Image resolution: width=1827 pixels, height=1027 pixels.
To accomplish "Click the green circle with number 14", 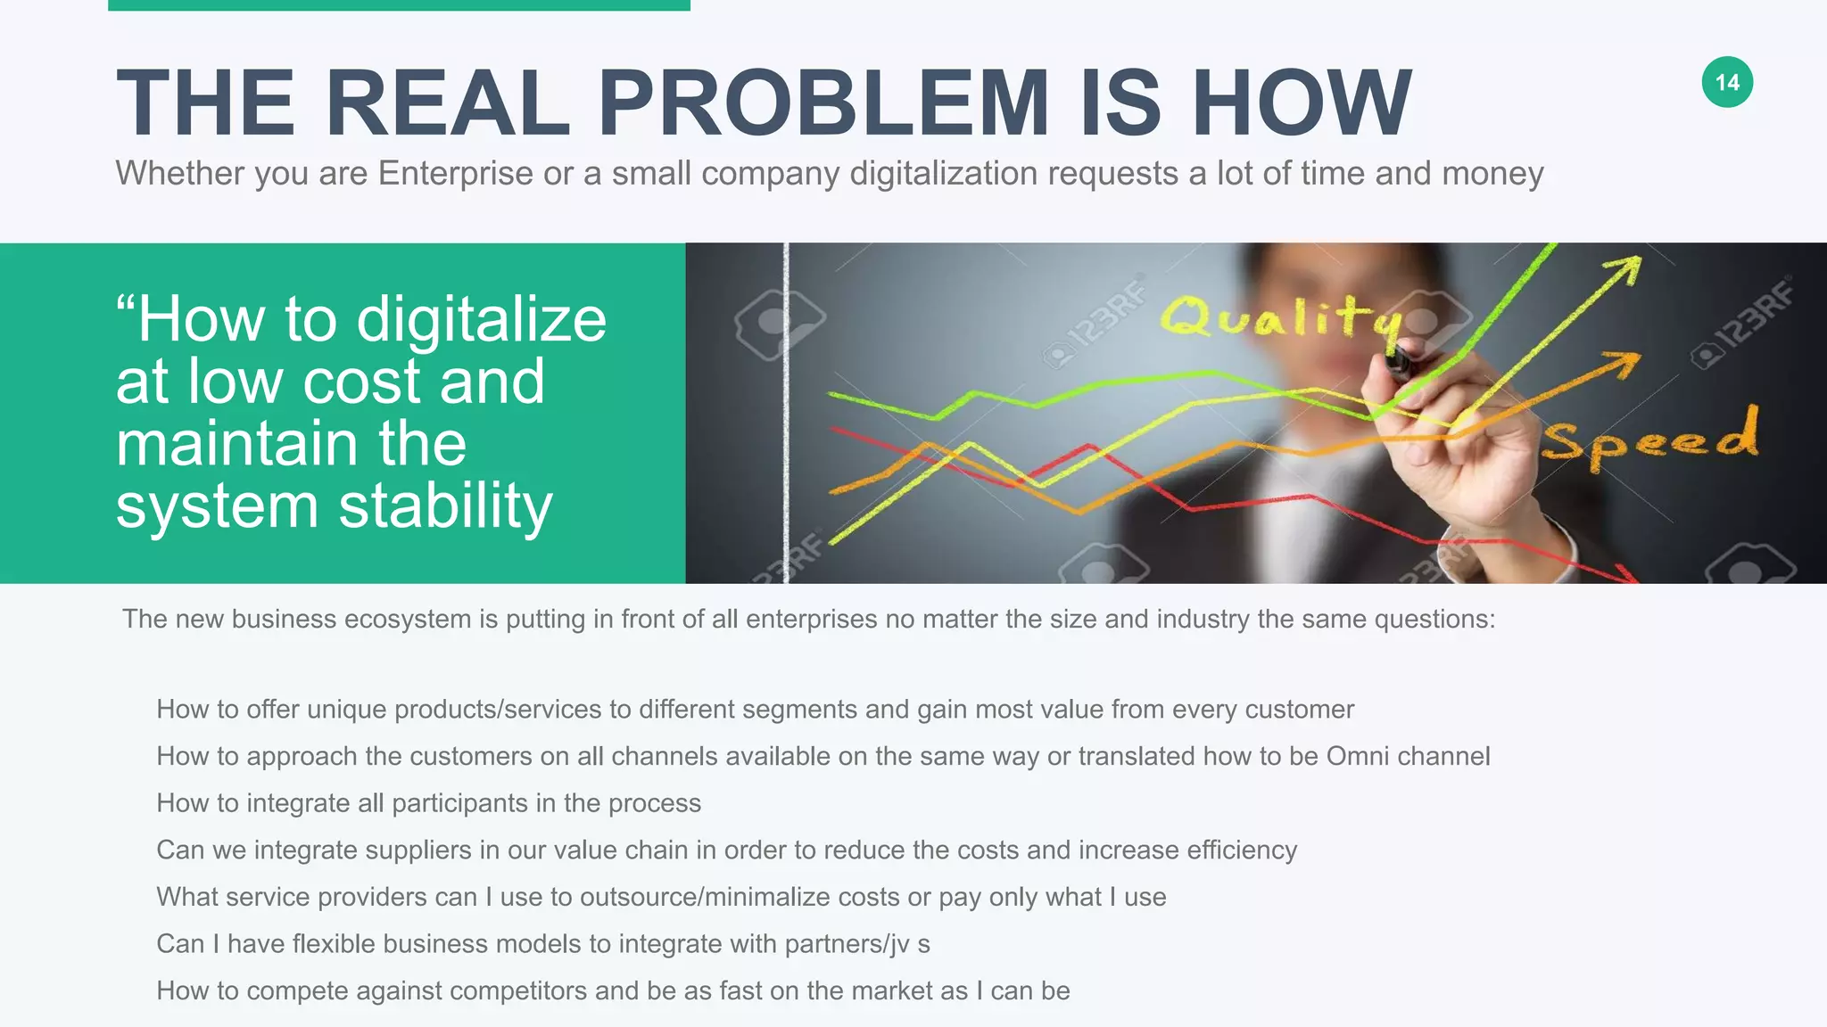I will (1727, 82).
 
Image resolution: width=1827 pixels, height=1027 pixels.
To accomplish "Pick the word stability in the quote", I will (445, 505).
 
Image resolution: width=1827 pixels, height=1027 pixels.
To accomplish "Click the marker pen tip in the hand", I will (1397, 361).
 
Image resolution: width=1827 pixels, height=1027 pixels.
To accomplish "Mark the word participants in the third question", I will (459, 803).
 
